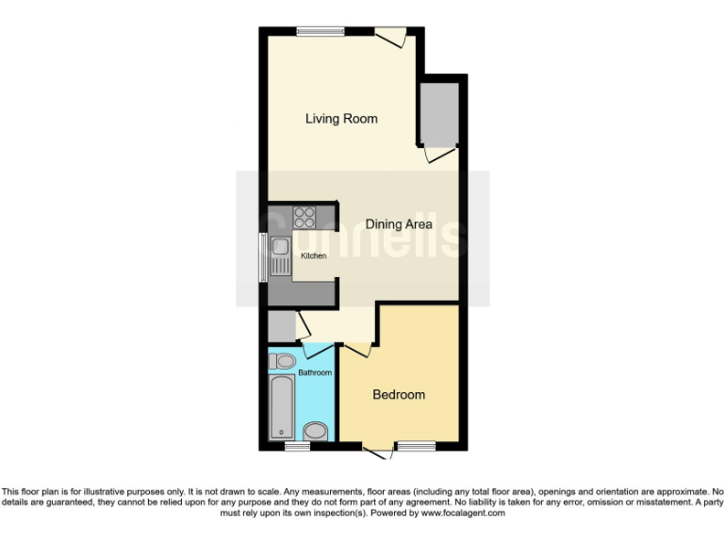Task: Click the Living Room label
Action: point(341,119)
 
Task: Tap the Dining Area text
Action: point(399,224)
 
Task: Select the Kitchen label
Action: point(314,256)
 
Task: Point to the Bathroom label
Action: point(315,373)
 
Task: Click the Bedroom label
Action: point(399,395)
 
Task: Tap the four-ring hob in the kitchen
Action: point(304,218)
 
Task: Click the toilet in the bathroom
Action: point(282,361)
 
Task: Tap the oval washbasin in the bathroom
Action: point(317,432)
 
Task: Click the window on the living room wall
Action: point(320,32)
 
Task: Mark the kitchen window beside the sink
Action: point(264,255)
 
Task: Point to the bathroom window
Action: point(297,446)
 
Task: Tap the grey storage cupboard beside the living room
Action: point(438,113)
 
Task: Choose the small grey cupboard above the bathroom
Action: point(280,327)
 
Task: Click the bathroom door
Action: point(315,351)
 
